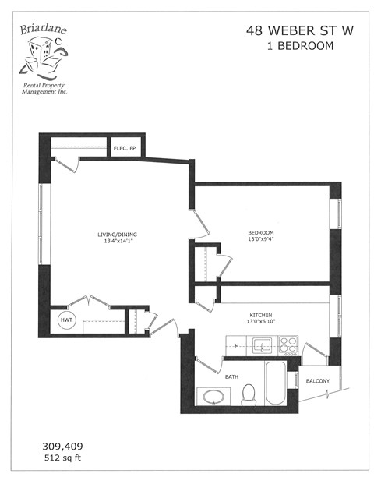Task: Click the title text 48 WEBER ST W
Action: click(x=290, y=30)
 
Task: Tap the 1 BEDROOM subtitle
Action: click(x=290, y=46)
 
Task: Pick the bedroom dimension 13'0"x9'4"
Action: click(x=261, y=240)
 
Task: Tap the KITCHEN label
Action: click(x=261, y=316)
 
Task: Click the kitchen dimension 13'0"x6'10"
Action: click(x=261, y=323)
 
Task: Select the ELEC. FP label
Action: click(x=125, y=148)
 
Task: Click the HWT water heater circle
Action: click(x=65, y=320)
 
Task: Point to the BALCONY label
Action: click(x=317, y=381)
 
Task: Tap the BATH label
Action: click(x=232, y=378)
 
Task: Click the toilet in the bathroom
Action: click(x=249, y=396)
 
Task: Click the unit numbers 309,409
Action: click(x=62, y=447)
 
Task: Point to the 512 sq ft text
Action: click(x=62, y=459)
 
